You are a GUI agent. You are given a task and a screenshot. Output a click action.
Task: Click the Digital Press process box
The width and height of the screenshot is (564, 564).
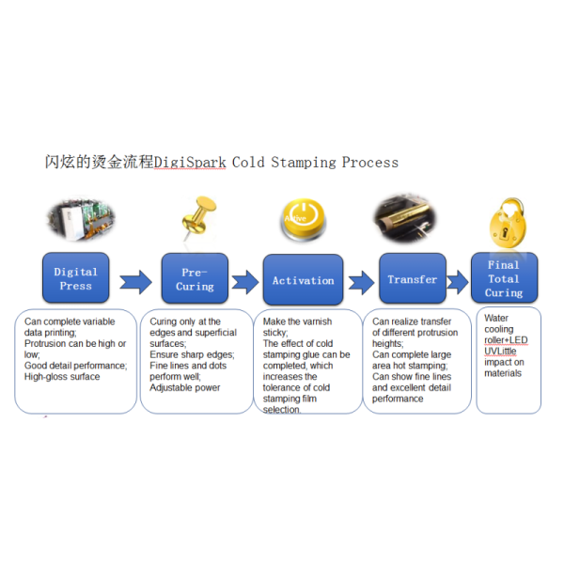(x=75, y=277)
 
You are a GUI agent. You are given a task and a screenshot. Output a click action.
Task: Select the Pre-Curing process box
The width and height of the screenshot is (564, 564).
(x=195, y=278)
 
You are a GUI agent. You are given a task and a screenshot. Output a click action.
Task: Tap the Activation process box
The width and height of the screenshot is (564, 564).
(x=303, y=279)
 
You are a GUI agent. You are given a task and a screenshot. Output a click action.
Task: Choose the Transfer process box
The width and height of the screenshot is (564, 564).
(x=413, y=278)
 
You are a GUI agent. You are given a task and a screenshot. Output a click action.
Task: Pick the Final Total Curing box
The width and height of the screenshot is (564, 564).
(x=504, y=277)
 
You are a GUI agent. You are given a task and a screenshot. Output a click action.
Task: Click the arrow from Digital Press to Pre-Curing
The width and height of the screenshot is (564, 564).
(x=135, y=282)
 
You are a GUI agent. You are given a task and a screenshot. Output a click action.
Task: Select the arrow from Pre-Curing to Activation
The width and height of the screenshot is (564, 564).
(x=245, y=282)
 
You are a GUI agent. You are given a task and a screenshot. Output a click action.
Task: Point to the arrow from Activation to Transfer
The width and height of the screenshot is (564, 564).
(x=361, y=283)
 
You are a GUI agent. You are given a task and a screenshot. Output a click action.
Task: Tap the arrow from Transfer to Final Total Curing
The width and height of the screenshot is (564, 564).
(x=458, y=282)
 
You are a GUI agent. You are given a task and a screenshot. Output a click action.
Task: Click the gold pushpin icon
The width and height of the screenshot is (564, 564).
(x=198, y=218)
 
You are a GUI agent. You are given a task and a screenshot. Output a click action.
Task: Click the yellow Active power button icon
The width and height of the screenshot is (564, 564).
(x=303, y=219)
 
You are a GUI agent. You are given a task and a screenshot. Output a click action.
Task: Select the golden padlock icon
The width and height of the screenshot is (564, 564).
(x=508, y=223)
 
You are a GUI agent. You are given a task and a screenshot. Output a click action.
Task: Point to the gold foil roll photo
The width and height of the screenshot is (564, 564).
(x=404, y=218)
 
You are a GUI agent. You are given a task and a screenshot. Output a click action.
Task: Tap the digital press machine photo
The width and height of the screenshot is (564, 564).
(x=81, y=219)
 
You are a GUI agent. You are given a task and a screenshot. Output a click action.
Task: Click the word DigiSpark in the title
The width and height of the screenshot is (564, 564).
(x=190, y=163)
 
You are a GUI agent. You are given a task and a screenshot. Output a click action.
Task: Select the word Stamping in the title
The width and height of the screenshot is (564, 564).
(x=304, y=163)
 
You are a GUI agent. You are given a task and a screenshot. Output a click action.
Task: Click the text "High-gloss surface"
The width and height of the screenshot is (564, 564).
(x=62, y=377)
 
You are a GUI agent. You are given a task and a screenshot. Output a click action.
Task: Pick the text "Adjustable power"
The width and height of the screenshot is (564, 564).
(x=185, y=387)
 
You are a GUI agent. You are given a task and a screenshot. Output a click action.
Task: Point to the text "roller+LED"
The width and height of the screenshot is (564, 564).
(x=506, y=340)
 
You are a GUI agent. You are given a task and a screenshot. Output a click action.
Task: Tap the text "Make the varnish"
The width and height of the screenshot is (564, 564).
(x=297, y=321)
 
